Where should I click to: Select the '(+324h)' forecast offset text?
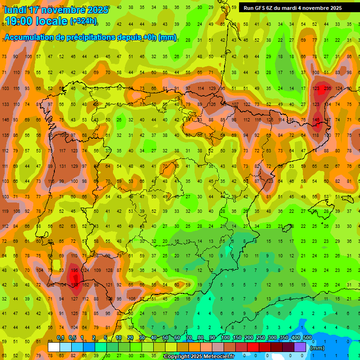click(83, 21)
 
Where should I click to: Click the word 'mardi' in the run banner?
click(295, 8)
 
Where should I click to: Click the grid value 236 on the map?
click(327, 88)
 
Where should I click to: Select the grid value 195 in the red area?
click(74, 270)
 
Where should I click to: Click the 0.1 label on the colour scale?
click(60, 338)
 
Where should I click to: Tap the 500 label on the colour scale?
click(307, 338)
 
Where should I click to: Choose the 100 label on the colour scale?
click(225, 338)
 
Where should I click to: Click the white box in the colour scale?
click(54, 347)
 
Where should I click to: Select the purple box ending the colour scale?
click(300, 347)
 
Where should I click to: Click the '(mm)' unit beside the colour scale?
click(317, 348)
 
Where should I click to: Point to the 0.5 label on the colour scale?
click(72, 338)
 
